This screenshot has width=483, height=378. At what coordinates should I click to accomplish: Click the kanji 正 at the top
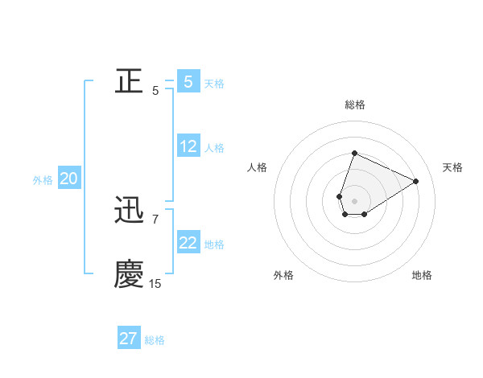coord(130,81)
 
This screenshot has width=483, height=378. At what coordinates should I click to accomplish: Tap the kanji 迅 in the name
coord(130,211)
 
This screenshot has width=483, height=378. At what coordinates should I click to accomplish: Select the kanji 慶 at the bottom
coord(130,274)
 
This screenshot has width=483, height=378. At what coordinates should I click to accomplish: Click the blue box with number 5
coord(188,81)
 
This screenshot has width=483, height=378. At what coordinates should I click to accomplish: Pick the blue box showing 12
coord(188,146)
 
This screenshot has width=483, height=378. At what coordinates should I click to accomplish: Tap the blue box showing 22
coord(188,243)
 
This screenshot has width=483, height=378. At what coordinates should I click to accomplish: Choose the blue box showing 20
coord(69,179)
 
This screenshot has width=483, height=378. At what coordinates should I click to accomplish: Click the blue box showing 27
coord(129,338)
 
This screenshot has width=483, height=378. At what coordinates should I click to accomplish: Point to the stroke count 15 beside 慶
coord(155,283)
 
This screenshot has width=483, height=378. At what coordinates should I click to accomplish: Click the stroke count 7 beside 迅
coord(155,219)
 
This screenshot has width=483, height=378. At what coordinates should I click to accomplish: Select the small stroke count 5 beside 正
coord(155,90)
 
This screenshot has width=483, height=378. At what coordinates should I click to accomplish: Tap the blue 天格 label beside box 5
coord(214,83)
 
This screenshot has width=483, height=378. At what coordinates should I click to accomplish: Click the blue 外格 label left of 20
coord(43,180)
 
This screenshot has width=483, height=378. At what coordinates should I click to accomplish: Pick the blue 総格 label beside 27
coord(155,339)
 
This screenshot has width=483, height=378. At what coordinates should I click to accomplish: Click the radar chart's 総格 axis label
coord(354,105)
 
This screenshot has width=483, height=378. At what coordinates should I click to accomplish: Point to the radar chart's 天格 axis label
coord(452,167)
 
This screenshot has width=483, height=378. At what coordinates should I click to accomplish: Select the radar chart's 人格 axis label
coord(257,167)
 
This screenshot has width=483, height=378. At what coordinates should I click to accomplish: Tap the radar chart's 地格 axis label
coord(422,275)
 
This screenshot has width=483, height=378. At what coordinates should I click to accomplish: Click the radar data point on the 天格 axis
coord(416,181)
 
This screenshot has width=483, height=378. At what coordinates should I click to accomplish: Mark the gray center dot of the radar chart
coord(354,200)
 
